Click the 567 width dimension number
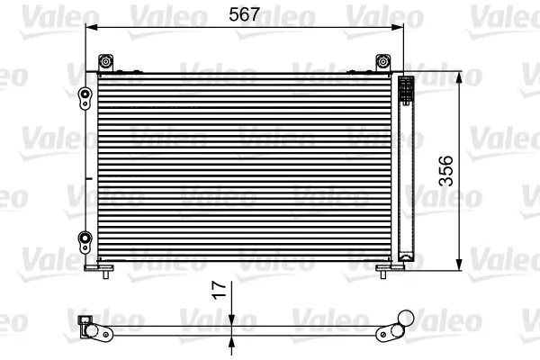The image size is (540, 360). pos(244,14)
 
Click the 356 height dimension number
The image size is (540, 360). pos(446,171)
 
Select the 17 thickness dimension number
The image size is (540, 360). pos(220,290)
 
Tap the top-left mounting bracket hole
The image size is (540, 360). pos(105,62)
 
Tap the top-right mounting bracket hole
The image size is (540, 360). pos(382,62)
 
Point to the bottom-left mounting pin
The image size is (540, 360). pos(106,274)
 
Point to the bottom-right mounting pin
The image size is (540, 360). pos(383,274)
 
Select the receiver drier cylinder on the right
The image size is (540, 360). pos(406,169)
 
